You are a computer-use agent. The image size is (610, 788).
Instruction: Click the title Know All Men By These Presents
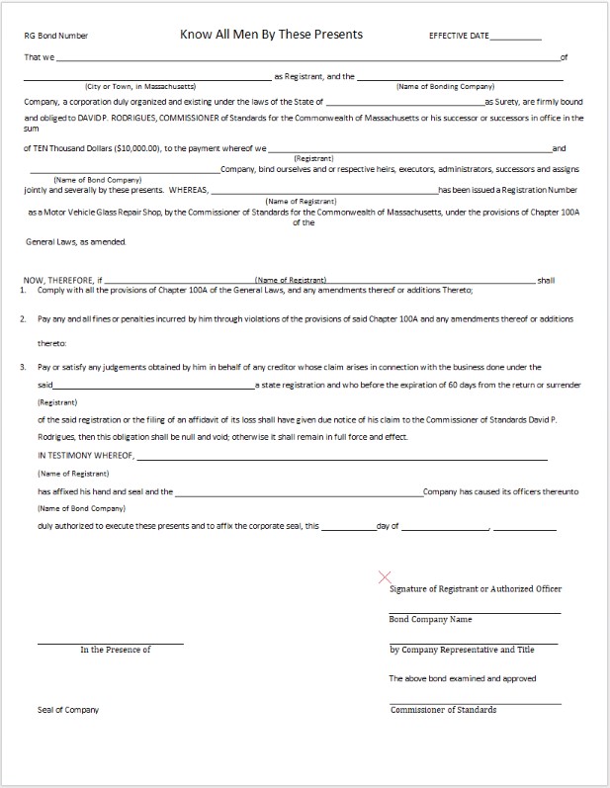[x=271, y=35]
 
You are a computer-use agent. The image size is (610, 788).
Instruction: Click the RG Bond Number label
[x=56, y=37]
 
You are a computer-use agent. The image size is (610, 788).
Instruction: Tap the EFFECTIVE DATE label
[x=459, y=37]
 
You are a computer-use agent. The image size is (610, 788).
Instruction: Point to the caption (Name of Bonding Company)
[x=445, y=87]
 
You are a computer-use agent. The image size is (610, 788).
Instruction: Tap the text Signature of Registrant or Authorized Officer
[x=476, y=589]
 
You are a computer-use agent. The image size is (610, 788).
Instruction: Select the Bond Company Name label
[x=430, y=620]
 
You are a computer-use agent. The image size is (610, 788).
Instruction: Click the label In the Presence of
[x=116, y=650]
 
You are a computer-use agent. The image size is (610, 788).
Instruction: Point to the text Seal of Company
[x=68, y=710]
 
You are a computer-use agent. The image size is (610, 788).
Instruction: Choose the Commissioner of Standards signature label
[x=443, y=710]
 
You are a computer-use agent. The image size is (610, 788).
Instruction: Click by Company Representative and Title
[x=462, y=650]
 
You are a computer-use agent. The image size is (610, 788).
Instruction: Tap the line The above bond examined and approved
[x=462, y=678]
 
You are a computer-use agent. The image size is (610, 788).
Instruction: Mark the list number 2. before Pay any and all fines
[x=22, y=318]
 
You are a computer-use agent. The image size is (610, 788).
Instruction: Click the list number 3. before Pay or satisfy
[x=22, y=366]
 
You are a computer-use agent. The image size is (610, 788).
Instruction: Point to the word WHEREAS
[x=189, y=188]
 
